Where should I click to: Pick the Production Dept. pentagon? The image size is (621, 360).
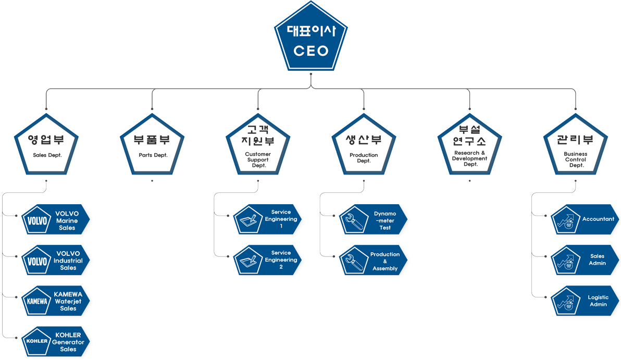pyautogui.click(x=364, y=147)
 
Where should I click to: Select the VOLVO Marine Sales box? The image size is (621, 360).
pyautogui.click(x=56, y=221)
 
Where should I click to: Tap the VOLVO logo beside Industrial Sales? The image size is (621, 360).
pyautogui.click(x=37, y=262)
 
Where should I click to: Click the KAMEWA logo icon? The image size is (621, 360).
pyautogui.click(x=37, y=302)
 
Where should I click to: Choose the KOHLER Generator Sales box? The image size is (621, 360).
pyautogui.click(x=56, y=342)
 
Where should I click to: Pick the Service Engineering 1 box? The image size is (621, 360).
pyautogui.click(x=268, y=219)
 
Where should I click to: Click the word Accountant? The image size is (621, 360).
pyautogui.click(x=598, y=219)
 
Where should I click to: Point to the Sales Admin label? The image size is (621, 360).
pyautogui.click(x=598, y=259)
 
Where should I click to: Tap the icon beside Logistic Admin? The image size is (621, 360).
pyautogui.click(x=566, y=301)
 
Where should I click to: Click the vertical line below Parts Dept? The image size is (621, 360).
pyautogui.click(x=153, y=185)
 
